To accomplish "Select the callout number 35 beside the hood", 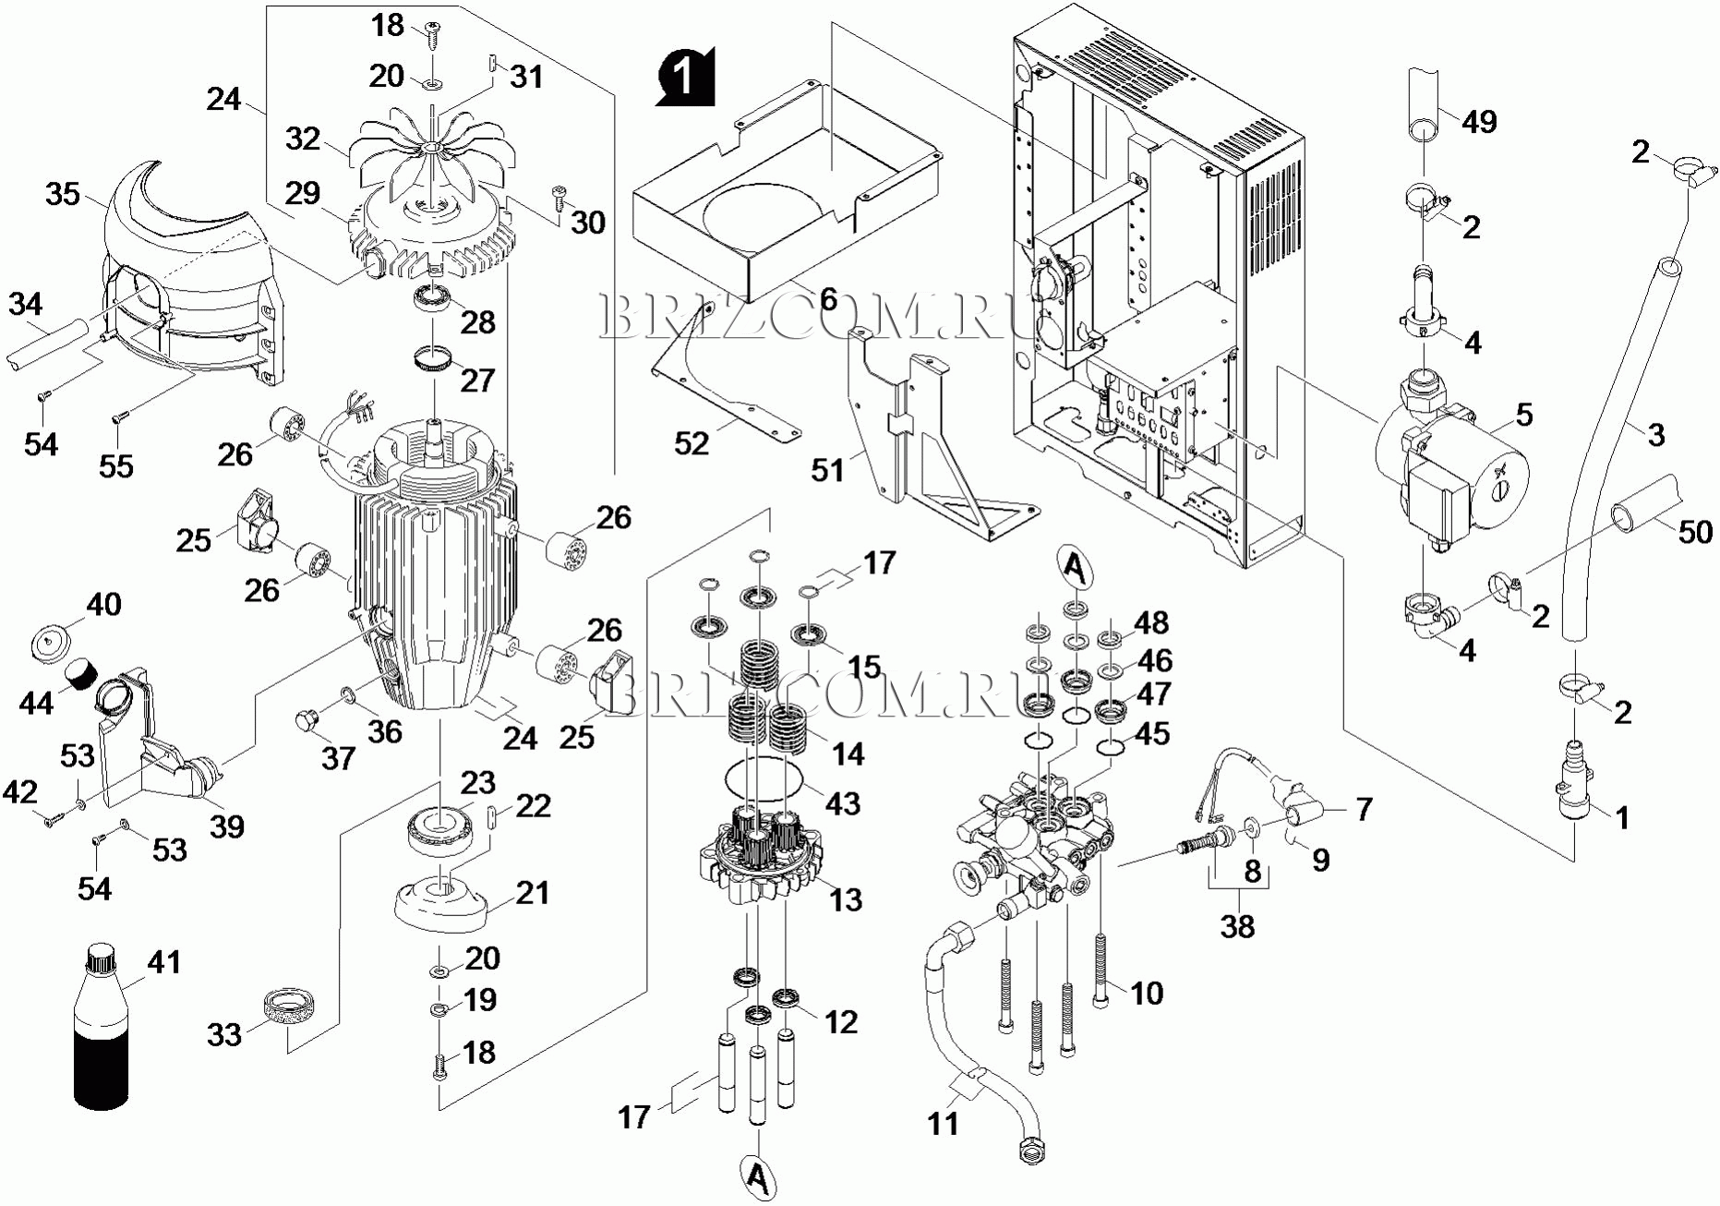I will coord(63,195).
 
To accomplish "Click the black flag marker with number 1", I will coord(686,77).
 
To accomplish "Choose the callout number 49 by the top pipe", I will coord(1480,122).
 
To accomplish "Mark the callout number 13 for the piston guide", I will coord(846,898).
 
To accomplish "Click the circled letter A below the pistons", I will coord(758,1177).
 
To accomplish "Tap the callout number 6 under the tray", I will coord(828,298).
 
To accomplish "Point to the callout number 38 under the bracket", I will coord(1238,925).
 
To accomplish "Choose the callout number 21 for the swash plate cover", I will coord(533,893).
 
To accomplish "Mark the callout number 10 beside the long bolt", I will coord(1147,994).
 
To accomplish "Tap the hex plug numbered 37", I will coord(307,719).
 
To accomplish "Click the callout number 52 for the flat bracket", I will coord(692,443).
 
